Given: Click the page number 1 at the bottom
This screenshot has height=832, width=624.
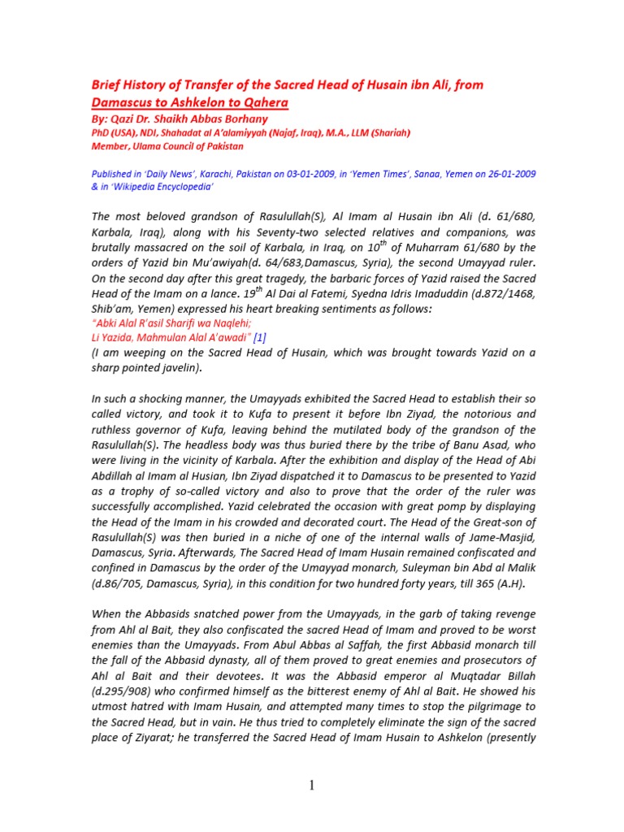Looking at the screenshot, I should [x=312, y=785].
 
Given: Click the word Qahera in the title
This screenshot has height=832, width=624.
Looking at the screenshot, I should [x=262, y=103].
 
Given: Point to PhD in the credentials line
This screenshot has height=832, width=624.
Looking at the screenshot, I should [x=100, y=133].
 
